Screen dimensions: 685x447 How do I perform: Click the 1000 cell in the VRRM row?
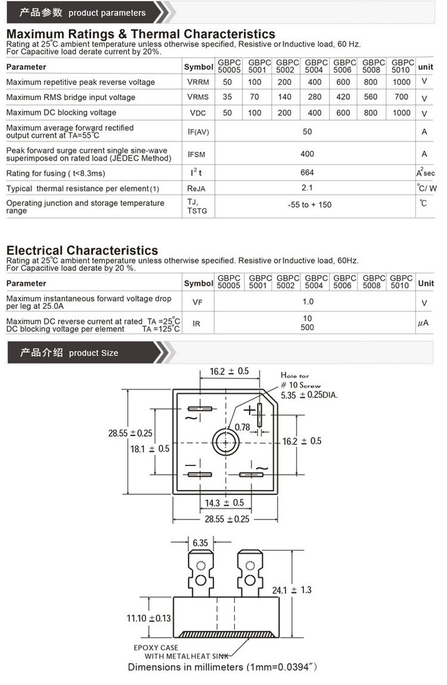pyautogui.click(x=402, y=82)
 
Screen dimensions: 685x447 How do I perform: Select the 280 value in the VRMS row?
pyautogui.click(x=315, y=97)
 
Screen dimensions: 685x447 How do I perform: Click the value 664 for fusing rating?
pyautogui.click(x=308, y=172)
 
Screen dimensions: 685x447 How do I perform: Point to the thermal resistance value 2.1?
pyautogui.click(x=308, y=188)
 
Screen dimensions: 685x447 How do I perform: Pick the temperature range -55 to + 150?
pyautogui.click(x=309, y=205)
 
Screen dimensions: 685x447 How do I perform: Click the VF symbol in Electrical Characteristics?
pyautogui.click(x=197, y=303)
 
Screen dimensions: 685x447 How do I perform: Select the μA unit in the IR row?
pyautogui.click(x=424, y=323)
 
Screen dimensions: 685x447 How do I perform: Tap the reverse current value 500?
pyautogui.click(x=308, y=328)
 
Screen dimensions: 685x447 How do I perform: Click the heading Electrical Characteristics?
pyautogui.click(x=82, y=251)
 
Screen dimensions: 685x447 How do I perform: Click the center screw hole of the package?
pyautogui.click(x=227, y=442)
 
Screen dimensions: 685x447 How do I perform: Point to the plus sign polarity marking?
pyautogui.click(x=249, y=411)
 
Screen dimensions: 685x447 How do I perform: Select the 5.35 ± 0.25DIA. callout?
pyautogui.click(x=309, y=395)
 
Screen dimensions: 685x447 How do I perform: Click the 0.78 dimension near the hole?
pyautogui.click(x=243, y=427)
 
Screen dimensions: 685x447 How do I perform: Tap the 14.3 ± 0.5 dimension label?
pyautogui.click(x=224, y=503)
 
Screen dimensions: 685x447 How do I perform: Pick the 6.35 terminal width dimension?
pyautogui.click(x=200, y=543)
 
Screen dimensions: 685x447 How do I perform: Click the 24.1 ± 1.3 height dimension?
pyautogui.click(x=292, y=590)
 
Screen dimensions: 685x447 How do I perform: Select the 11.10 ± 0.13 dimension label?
pyautogui.click(x=148, y=618)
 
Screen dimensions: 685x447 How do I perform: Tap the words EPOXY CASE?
pyautogui.click(x=156, y=647)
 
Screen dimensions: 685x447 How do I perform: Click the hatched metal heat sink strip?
pyautogui.click(x=226, y=634)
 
